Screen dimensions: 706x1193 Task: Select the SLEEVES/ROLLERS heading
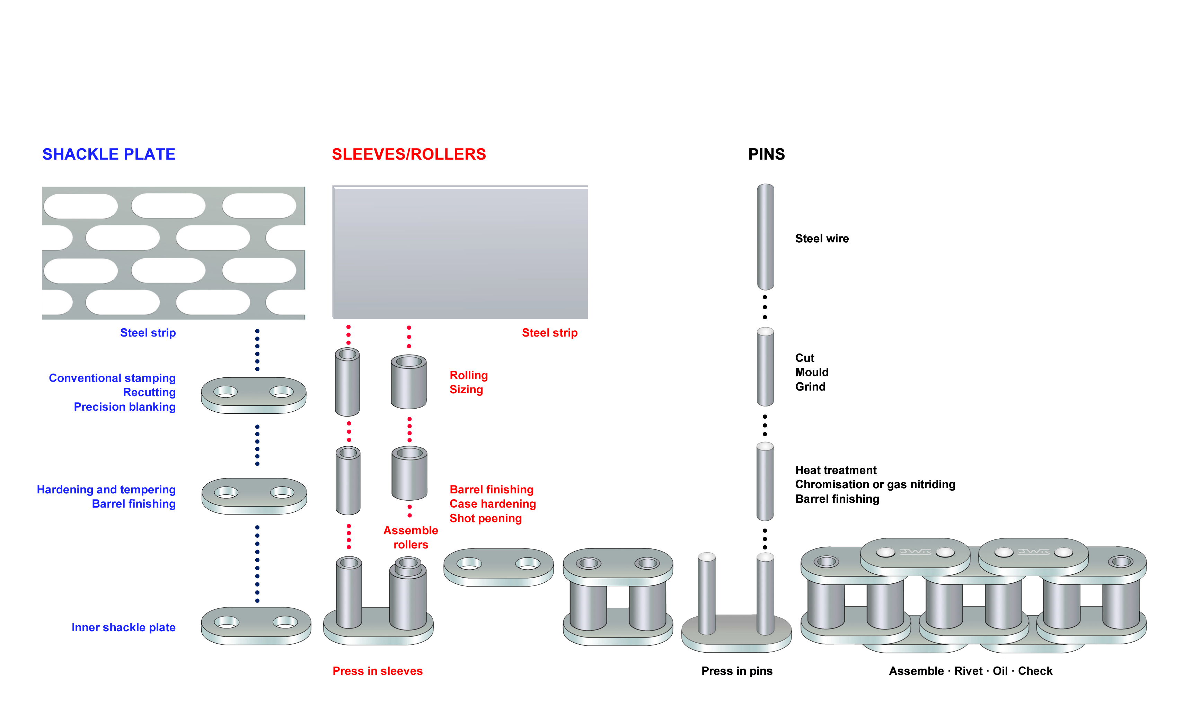(408, 154)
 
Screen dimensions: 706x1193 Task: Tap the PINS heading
(766, 154)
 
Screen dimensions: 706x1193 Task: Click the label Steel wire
(821, 239)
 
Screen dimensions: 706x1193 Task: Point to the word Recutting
(149, 393)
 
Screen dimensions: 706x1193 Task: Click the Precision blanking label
(124, 407)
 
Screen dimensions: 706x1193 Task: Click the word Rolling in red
(468, 375)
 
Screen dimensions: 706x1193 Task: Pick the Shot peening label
(485, 519)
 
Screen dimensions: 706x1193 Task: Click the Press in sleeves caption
(377, 671)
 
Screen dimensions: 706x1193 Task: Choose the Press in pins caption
(737, 671)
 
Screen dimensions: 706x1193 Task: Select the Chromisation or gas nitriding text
(875, 484)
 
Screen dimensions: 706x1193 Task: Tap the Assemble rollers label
(411, 538)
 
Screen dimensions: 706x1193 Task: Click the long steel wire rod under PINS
(765, 237)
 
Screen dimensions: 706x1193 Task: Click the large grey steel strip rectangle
(460, 252)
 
